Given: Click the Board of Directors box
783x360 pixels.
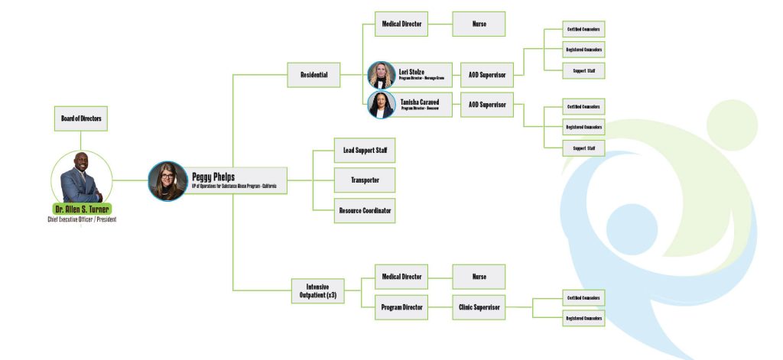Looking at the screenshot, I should pos(80,118).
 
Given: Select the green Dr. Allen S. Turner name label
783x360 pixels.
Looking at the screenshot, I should pos(81,209).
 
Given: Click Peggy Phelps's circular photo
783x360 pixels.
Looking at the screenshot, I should pos(167,181).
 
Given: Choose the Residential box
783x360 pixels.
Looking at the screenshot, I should pos(314,75).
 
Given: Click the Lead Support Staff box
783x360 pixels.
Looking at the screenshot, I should pos(365,151).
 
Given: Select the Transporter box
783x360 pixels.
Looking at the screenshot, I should pos(365,180).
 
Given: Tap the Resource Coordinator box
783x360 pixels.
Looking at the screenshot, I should pos(365,210).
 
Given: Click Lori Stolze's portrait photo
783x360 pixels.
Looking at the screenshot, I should pos(382,75).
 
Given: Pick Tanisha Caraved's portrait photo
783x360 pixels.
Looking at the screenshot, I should pos(382,104).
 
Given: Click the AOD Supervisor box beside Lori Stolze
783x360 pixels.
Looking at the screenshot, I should pos(486,75).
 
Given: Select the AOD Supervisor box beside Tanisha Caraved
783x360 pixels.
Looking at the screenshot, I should pos(486,104).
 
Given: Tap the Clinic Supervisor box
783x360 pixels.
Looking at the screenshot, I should pos(479,308).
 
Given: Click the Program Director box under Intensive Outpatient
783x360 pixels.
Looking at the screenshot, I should pos(401,308).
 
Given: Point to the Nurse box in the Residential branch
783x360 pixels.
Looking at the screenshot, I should pos(479,24).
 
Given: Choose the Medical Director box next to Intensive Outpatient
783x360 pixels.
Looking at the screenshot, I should pos(401,277).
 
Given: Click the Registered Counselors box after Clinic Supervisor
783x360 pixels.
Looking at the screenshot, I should pos(583,318).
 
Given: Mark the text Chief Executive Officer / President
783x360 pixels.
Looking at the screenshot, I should pos(81,220).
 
